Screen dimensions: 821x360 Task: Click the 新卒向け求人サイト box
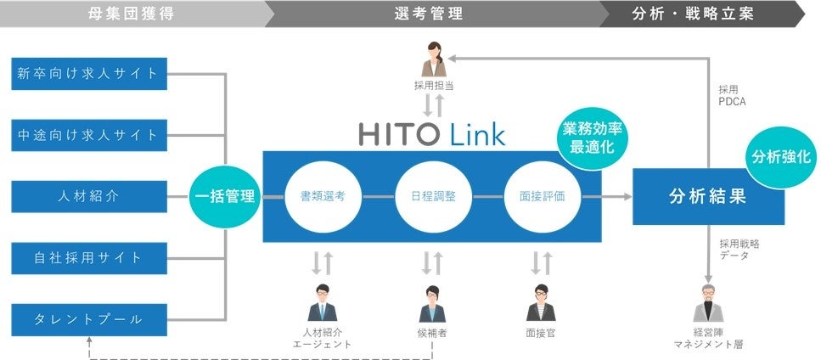tap(87, 73)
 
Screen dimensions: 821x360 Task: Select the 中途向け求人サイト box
tap(87, 134)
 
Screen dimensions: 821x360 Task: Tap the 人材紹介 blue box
tap(87, 196)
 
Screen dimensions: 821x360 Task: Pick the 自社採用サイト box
tap(87, 257)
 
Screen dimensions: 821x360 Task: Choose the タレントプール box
tap(87, 319)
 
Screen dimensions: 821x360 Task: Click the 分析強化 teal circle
tap(779, 157)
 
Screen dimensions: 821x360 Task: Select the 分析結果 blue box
tap(707, 196)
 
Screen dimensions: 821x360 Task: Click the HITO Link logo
tap(431, 134)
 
